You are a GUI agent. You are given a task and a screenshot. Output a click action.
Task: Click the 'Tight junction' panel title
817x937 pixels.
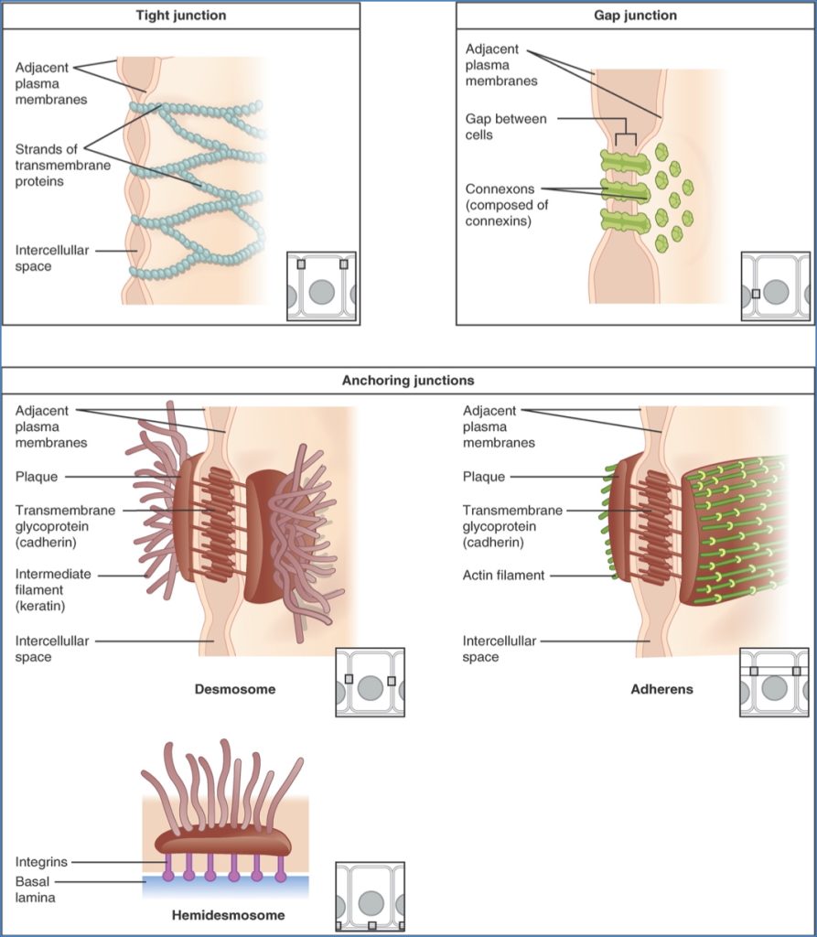pos(180,16)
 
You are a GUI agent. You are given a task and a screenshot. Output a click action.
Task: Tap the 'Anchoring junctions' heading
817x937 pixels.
pos(408,380)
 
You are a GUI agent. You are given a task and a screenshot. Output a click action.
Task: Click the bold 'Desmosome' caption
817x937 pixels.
pos(235,689)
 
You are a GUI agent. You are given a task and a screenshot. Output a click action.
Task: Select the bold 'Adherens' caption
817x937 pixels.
pos(661,689)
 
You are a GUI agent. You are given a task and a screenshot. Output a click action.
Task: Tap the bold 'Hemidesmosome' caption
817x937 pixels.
pos(228,915)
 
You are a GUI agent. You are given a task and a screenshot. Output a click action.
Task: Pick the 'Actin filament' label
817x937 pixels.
pos(503,576)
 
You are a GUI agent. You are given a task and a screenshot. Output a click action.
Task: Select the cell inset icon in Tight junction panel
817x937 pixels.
pos(321,286)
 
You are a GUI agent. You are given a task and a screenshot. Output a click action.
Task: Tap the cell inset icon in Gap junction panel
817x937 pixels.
pos(775,286)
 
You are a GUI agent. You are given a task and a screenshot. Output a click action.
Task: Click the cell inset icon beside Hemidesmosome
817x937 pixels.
pos(370,896)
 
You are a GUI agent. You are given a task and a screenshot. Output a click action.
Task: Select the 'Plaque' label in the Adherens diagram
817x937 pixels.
pos(483,477)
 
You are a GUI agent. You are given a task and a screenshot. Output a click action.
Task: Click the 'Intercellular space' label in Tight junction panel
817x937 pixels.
pos(51,257)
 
